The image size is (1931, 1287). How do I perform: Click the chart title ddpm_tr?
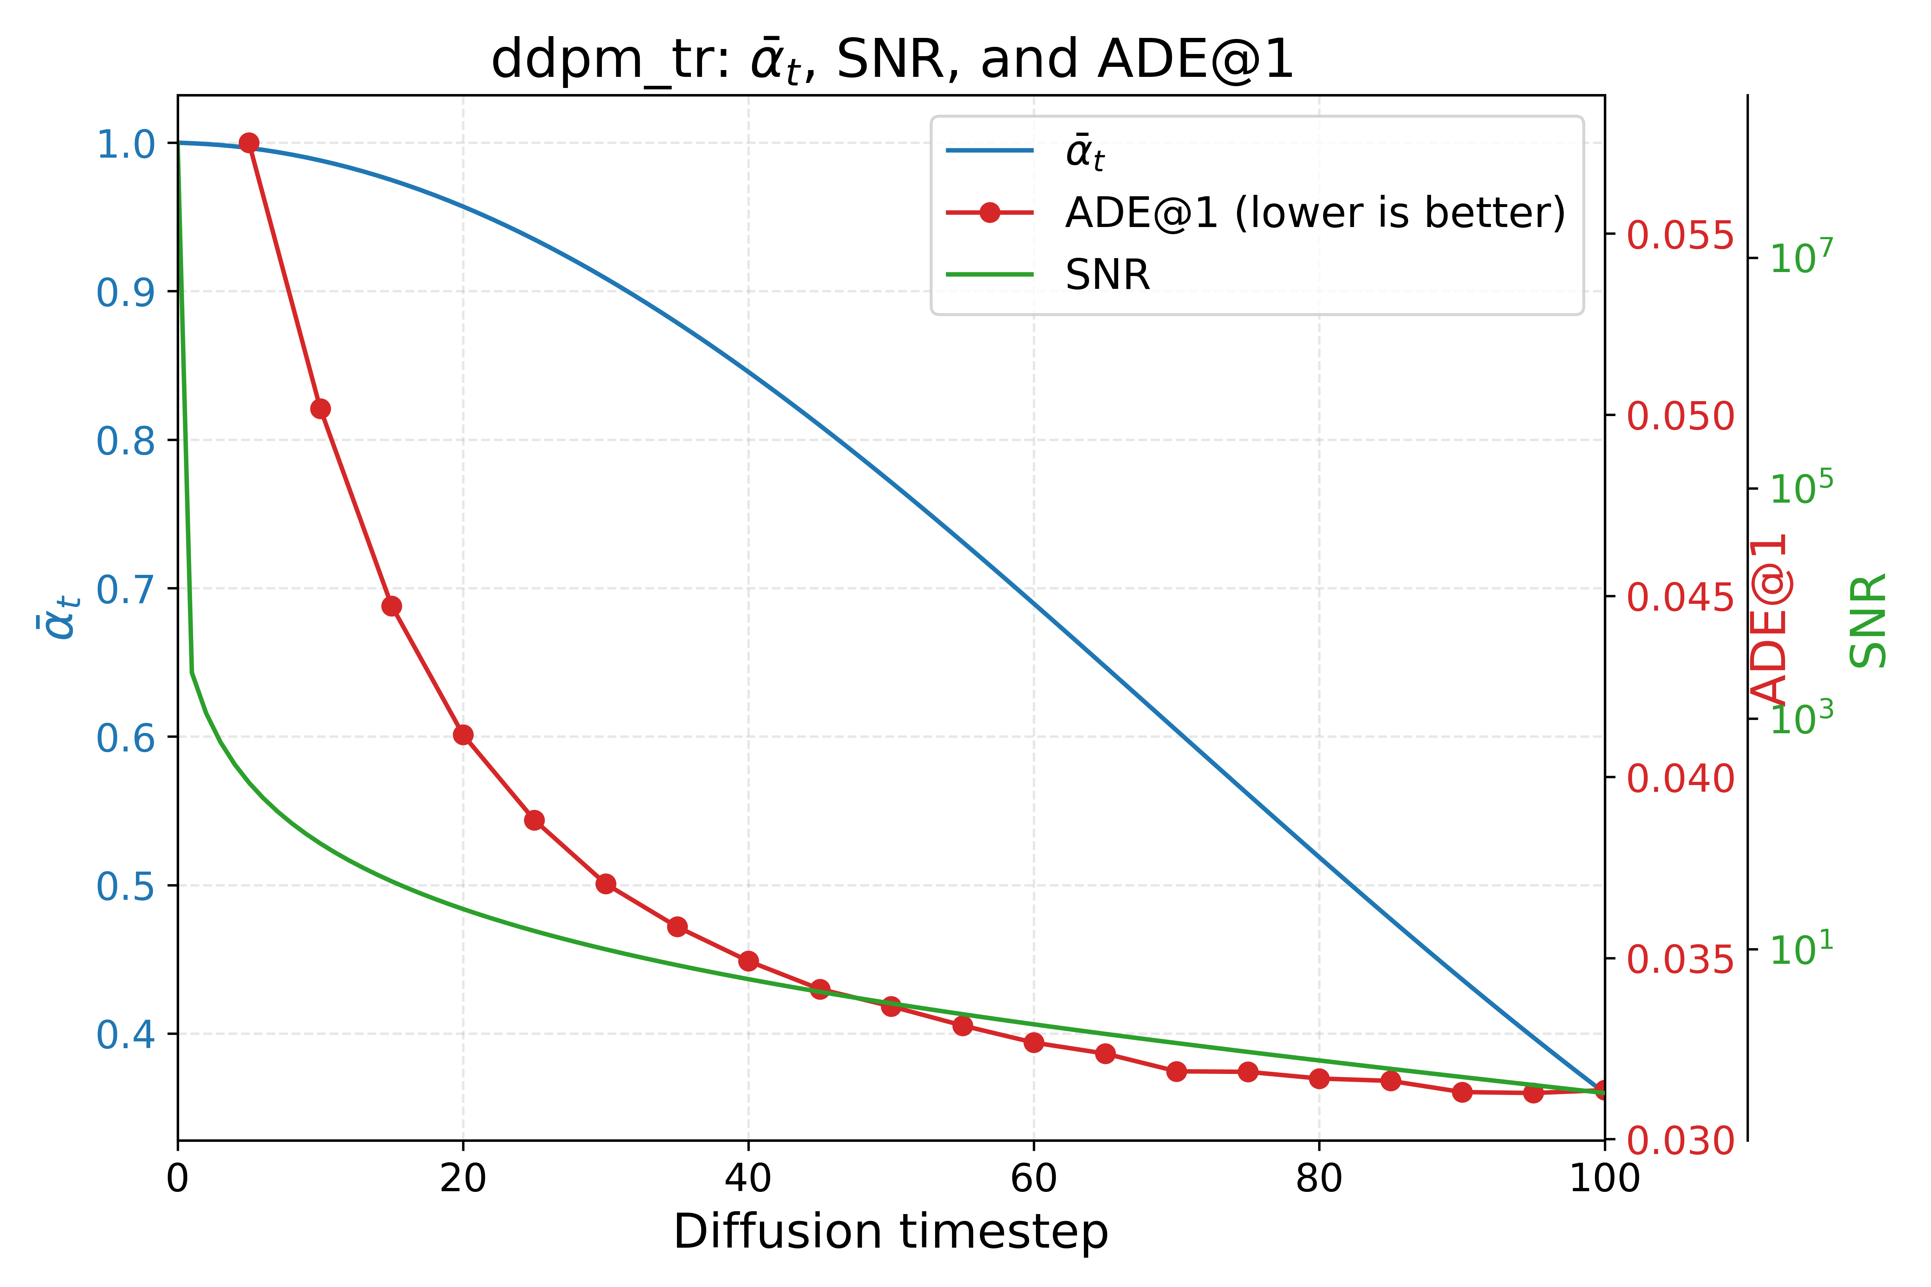[891, 61]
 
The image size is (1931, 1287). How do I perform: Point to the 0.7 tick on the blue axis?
[126, 589]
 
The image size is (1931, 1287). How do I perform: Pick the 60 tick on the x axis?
[1034, 1179]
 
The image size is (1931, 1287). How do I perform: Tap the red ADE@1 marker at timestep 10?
[320, 409]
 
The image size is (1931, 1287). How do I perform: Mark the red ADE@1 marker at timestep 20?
[463, 735]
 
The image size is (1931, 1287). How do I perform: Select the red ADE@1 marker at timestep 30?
[606, 884]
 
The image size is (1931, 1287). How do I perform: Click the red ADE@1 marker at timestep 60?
[1034, 1042]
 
